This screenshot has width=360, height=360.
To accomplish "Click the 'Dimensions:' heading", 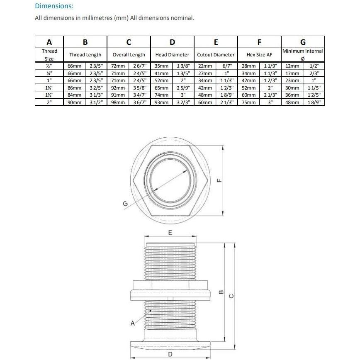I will tap(54, 6).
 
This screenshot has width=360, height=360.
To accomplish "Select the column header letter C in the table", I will tap(129, 42).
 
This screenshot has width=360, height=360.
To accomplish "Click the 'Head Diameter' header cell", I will tap(172, 55).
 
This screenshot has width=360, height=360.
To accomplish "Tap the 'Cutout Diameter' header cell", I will tap(216, 55).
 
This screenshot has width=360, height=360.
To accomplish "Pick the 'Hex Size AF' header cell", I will tap(259, 55).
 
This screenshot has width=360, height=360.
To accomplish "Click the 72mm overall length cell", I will tap(118, 66).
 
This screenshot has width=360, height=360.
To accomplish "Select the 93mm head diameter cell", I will tap(161, 102).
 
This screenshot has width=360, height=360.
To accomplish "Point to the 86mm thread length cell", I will tap(74, 88).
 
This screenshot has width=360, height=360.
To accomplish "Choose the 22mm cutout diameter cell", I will tap(205, 66).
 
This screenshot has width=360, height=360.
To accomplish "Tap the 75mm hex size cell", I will tap(248, 102).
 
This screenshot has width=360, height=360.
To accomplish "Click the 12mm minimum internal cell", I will tap(292, 66).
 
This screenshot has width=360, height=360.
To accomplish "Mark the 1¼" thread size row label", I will tap(49, 88).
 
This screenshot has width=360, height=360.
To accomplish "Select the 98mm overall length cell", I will tap(118, 102).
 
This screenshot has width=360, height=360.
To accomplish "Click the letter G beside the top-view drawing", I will tap(125, 203).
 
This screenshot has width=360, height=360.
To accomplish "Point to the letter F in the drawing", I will tap(220, 180).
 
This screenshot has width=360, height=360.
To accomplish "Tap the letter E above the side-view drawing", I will tap(170, 233).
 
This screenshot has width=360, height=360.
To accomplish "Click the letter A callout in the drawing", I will tap(133, 323).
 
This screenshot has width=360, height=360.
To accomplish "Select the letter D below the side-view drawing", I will tap(170, 354).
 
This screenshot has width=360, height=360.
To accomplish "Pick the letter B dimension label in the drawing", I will tap(221, 292).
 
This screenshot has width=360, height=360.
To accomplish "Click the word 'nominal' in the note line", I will tap(182, 18).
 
